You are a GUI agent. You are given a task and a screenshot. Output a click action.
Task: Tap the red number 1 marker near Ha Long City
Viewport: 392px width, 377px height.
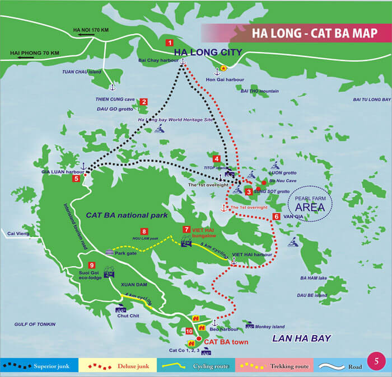pos(169,43)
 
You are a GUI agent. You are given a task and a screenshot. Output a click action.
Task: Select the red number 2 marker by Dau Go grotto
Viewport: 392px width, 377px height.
pos(144,102)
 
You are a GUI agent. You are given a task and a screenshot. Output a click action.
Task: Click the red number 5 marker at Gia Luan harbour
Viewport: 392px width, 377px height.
pos(76,178)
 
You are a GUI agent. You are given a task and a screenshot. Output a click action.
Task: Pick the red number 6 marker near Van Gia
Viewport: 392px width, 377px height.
pos(276,216)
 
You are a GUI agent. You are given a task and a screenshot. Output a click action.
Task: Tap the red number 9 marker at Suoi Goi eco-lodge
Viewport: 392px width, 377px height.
pos(92,265)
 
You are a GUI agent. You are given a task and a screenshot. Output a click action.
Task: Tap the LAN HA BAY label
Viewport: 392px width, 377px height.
pos(301,338)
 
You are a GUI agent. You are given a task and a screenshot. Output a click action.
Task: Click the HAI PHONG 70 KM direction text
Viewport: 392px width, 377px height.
pos(34,53)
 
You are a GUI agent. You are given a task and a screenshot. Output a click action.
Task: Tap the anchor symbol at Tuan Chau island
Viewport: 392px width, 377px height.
pos(111,87)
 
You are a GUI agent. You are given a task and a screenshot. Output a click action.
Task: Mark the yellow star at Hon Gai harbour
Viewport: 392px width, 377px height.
pos(223,68)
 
